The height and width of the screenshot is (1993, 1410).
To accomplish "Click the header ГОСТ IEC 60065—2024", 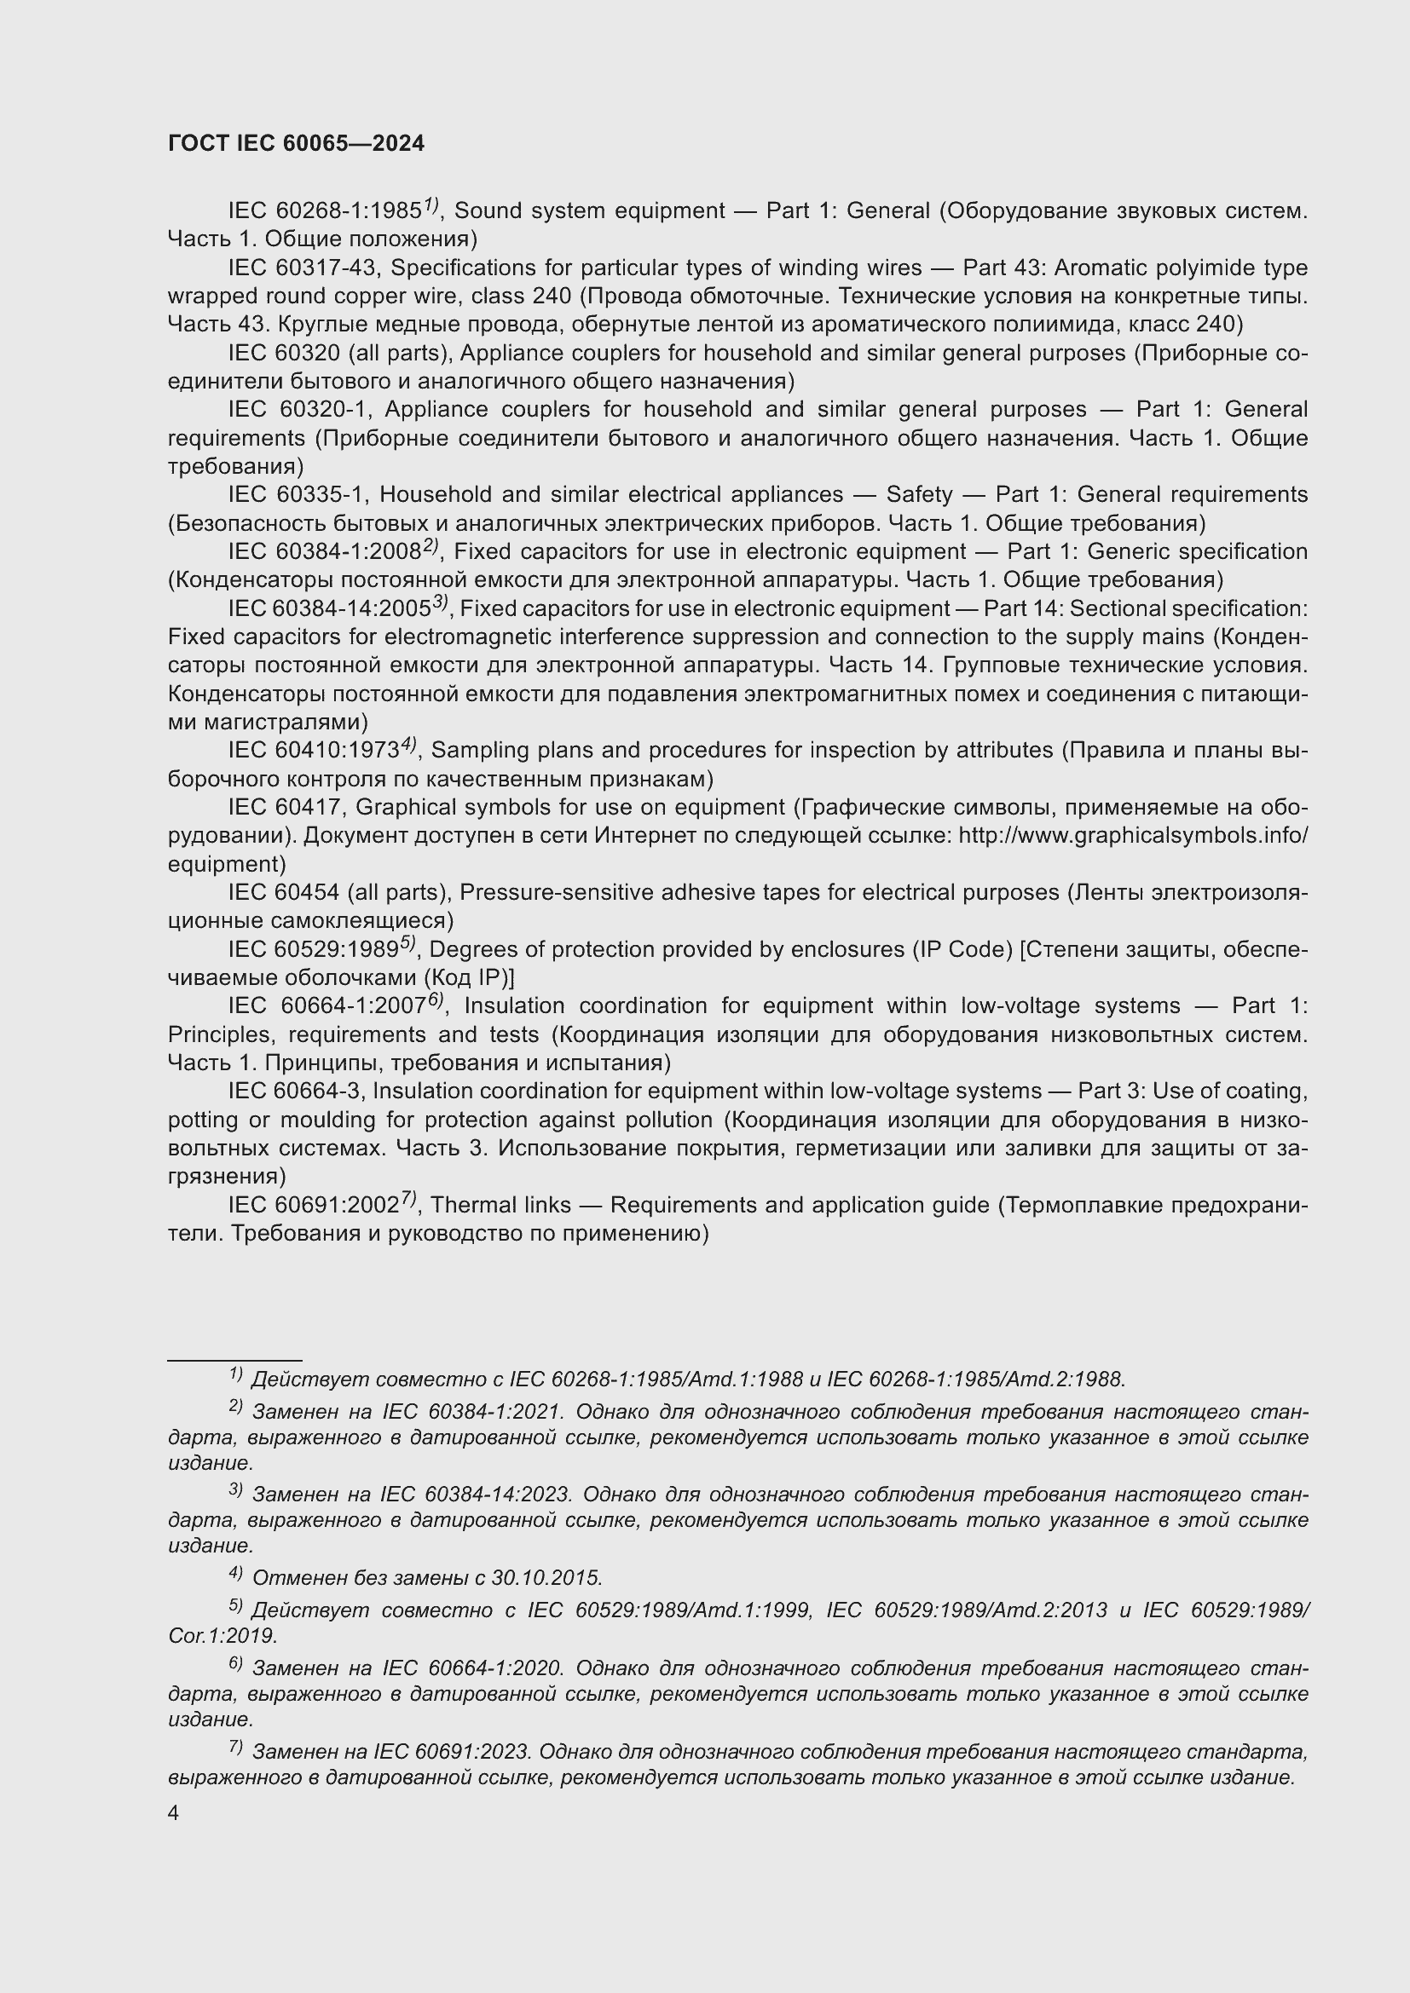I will [x=296, y=143].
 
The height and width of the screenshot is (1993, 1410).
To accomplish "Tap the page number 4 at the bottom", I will [x=174, y=1812].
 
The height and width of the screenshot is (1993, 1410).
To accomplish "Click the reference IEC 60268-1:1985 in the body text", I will [x=325, y=211].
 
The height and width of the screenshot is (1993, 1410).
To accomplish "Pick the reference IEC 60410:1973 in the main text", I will [x=313, y=750].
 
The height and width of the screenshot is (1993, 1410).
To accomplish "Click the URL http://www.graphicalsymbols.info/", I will [x=1132, y=836].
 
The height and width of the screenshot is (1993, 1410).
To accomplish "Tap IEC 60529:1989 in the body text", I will [x=313, y=949].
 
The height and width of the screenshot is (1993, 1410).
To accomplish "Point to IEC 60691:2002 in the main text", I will [x=314, y=1206].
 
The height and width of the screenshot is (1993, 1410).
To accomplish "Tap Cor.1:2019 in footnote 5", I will [x=222, y=1636].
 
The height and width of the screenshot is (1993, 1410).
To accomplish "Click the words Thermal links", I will [x=500, y=1206].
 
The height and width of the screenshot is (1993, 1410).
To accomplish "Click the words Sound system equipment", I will [x=590, y=211].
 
